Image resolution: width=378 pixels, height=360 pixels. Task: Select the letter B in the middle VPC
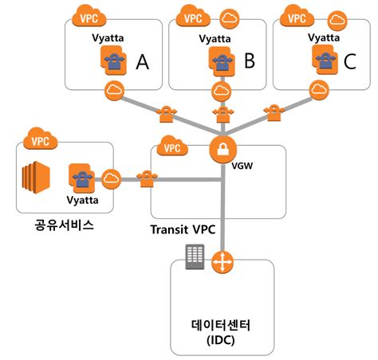coord(249,61)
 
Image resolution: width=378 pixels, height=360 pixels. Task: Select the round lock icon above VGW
coord(219,148)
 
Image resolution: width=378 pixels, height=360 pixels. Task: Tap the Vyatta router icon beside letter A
coord(114,60)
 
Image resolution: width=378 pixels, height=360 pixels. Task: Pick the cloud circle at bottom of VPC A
coord(115,88)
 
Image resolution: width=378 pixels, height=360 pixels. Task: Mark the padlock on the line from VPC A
coord(167,115)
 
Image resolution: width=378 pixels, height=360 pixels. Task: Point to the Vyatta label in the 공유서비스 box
coord(81,201)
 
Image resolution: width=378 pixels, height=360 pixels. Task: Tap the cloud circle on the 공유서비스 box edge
coord(111,178)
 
